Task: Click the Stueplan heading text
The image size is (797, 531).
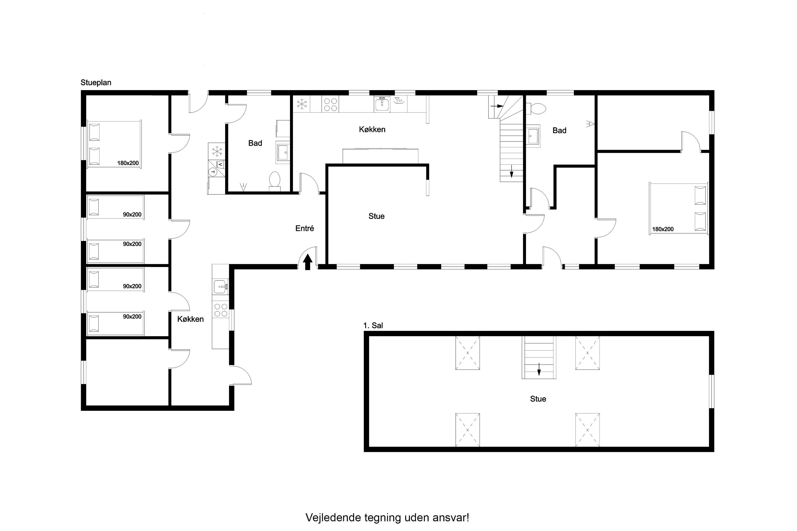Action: pyautogui.click(x=96, y=83)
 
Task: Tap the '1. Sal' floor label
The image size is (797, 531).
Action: pyautogui.click(x=373, y=326)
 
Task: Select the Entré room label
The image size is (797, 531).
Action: pyautogui.click(x=305, y=228)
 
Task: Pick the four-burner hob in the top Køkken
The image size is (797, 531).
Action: pyautogui.click(x=331, y=105)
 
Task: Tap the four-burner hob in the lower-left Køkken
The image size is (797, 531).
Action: pyautogui.click(x=221, y=310)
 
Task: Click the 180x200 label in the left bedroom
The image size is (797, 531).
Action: pyautogui.click(x=128, y=163)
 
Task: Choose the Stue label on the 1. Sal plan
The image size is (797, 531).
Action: pyautogui.click(x=538, y=399)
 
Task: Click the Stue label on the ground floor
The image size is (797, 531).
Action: pyautogui.click(x=377, y=216)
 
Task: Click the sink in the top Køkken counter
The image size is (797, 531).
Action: pyautogui.click(x=382, y=104)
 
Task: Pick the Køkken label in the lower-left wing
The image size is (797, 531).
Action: pyautogui.click(x=191, y=319)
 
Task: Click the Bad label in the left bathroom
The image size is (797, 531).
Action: pyautogui.click(x=255, y=143)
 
